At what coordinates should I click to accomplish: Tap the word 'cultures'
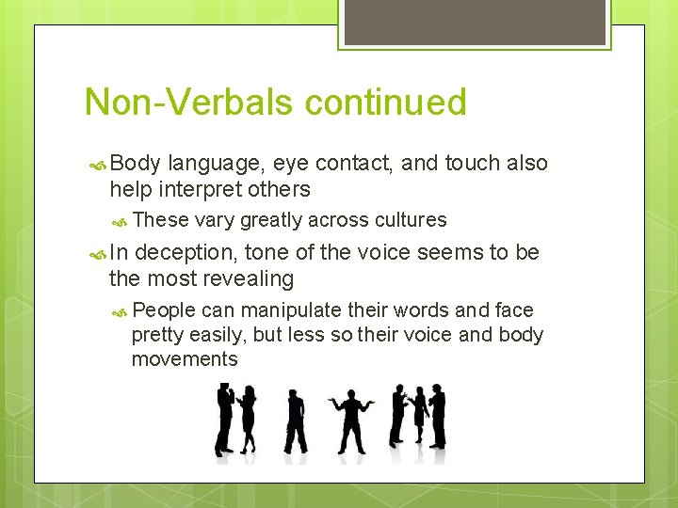click(411, 220)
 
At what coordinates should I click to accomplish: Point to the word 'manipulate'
click(290, 310)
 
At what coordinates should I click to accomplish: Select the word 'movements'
click(185, 359)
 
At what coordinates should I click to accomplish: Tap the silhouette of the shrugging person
click(351, 421)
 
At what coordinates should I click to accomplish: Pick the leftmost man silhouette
click(224, 420)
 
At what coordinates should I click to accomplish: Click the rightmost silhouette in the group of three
click(437, 417)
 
